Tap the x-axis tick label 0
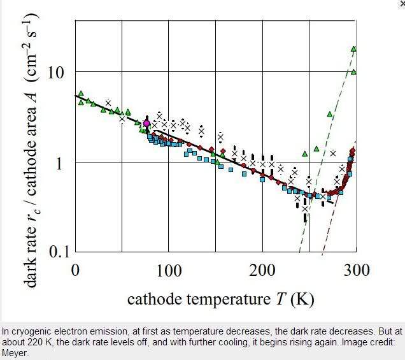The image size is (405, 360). (x=74, y=270)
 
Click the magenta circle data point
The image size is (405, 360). (x=146, y=123)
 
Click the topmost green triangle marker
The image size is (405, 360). (x=353, y=48)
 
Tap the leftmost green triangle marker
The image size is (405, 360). (x=80, y=94)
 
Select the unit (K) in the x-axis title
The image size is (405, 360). (x=302, y=299)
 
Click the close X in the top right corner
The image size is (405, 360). (x=401, y=3)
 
